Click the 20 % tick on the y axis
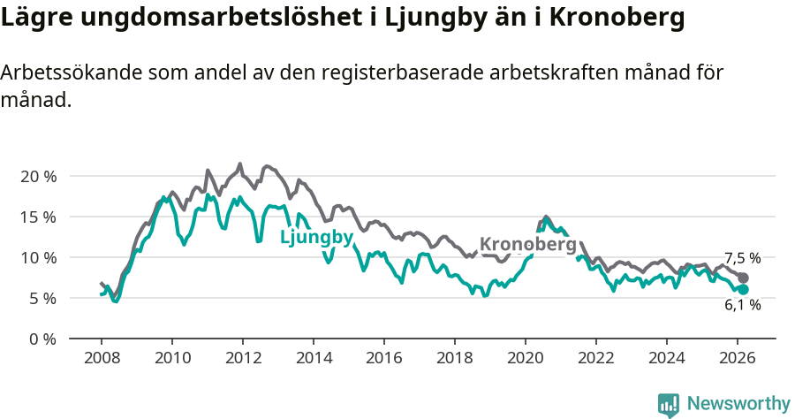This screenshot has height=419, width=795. (x=37, y=176)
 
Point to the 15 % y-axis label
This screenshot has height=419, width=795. (x=37, y=217)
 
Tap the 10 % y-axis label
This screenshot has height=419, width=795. (x=37, y=257)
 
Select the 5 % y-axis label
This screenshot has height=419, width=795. (x=41, y=298)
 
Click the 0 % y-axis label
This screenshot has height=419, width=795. (x=41, y=339)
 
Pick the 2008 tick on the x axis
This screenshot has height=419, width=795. (x=102, y=358)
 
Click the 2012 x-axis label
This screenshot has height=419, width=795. (x=243, y=358)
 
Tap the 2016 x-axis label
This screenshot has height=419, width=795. (x=384, y=358)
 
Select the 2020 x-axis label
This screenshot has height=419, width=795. (x=526, y=358)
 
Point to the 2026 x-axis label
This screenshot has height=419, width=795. (x=738, y=358)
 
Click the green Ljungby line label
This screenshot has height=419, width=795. (x=316, y=237)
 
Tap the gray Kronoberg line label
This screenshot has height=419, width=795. (x=527, y=244)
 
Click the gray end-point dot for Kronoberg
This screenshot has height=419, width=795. (x=743, y=278)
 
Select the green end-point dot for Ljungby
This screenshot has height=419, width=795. (x=743, y=289)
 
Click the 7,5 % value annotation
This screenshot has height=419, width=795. (x=742, y=258)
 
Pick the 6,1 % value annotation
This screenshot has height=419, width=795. (x=742, y=305)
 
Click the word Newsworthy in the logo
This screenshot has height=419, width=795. (x=738, y=403)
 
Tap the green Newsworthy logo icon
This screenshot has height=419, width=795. (x=669, y=404)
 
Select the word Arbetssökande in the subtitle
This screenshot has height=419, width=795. (x=57, y=73)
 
